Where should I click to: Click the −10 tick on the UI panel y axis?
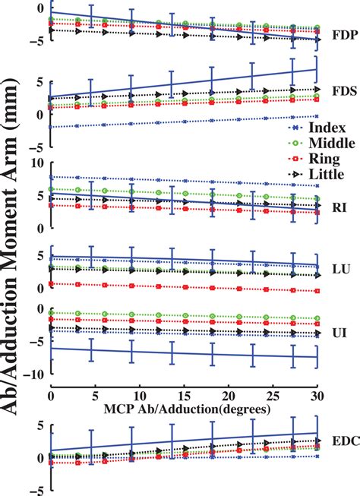tap(33, 374)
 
